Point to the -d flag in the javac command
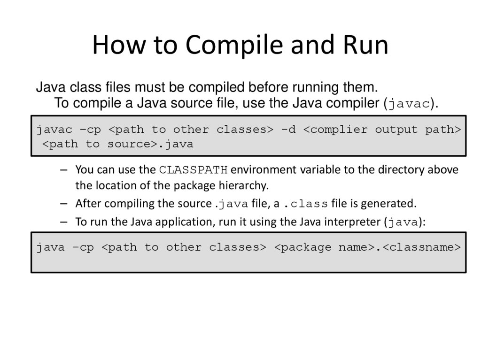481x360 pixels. (288, 130)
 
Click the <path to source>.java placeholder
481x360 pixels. (118, 144)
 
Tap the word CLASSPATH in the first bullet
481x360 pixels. (193, 169)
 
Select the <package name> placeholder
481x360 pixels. (324, 247)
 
